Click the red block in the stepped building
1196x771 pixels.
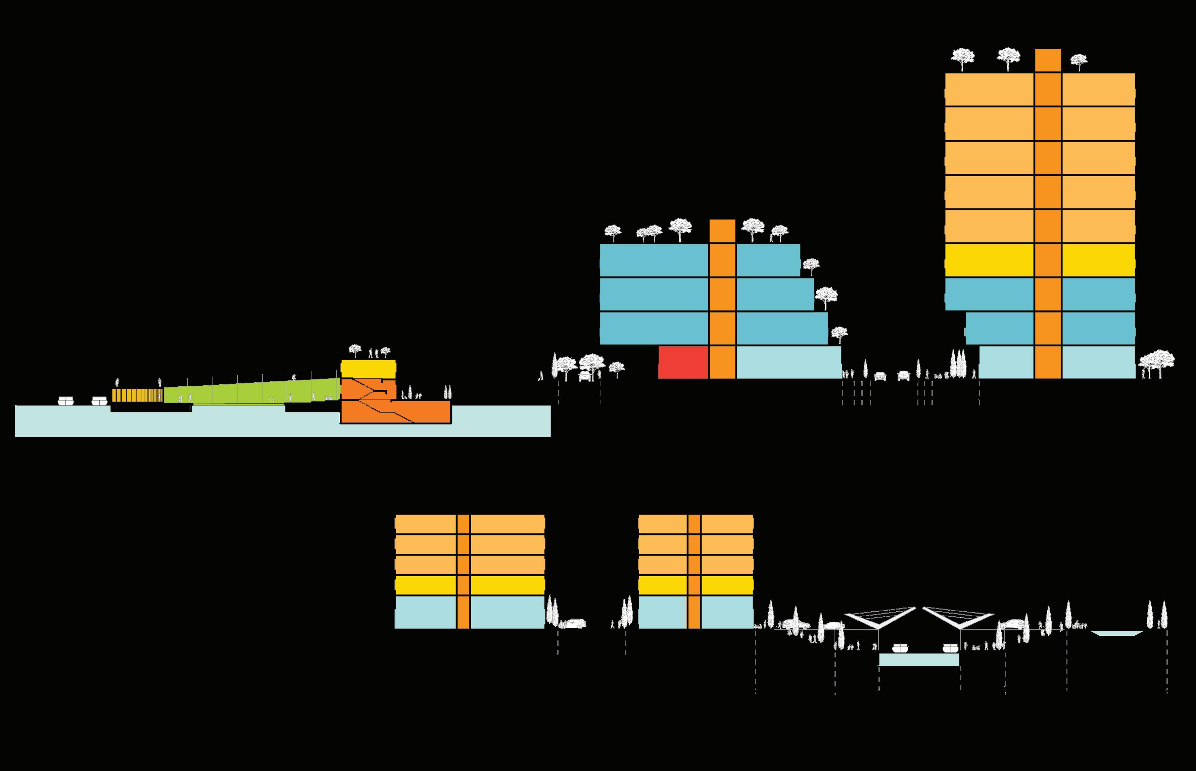tap(683, 362)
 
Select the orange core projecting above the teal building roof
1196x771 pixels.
tap(722, 231)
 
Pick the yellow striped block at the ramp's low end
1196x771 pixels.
tap(137, 395)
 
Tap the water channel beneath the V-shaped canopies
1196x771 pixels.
tap(919, 660)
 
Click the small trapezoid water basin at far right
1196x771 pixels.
tap(1116, 633)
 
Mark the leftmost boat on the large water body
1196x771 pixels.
tap(65, 400)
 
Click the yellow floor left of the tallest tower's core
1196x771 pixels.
tap(989, 260)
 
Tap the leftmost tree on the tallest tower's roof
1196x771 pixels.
tap(962, 58)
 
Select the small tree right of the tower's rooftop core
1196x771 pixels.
tap(1079, 61)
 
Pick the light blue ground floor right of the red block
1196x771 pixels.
tap(788, 362)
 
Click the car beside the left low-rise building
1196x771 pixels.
tap(574, 623)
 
